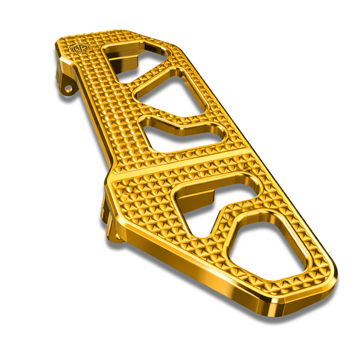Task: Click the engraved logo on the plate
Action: tap(80, 47)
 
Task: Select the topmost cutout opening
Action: tap(135, 58)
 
